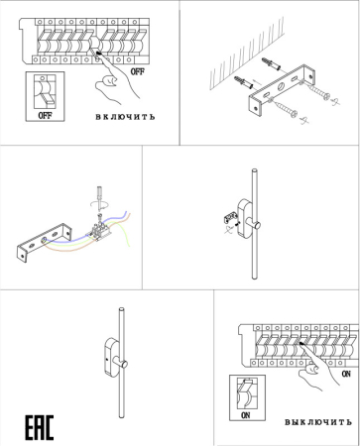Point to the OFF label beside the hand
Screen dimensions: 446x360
[x=138, y=72]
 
